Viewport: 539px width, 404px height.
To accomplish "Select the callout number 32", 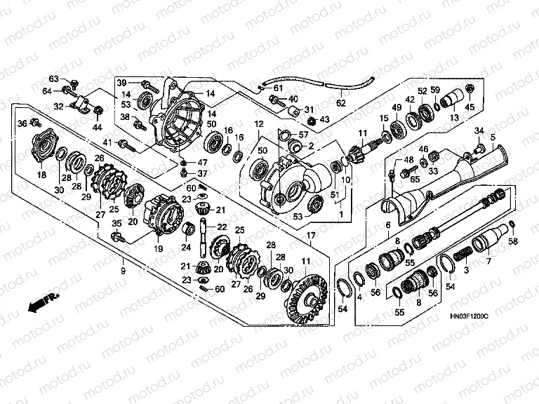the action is coord(59,107).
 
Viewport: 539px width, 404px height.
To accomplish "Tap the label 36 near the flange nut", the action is coord(22,124).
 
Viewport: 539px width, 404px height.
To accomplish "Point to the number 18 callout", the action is coord(41,175).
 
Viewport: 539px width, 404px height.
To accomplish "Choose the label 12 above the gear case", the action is coord(258,124).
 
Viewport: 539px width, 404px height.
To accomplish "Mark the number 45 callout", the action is coord(471,107).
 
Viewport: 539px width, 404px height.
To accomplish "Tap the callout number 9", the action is coord(124,270).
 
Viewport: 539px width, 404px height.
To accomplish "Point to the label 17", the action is coord(310,235).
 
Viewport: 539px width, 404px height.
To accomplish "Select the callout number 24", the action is coord(187,247).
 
